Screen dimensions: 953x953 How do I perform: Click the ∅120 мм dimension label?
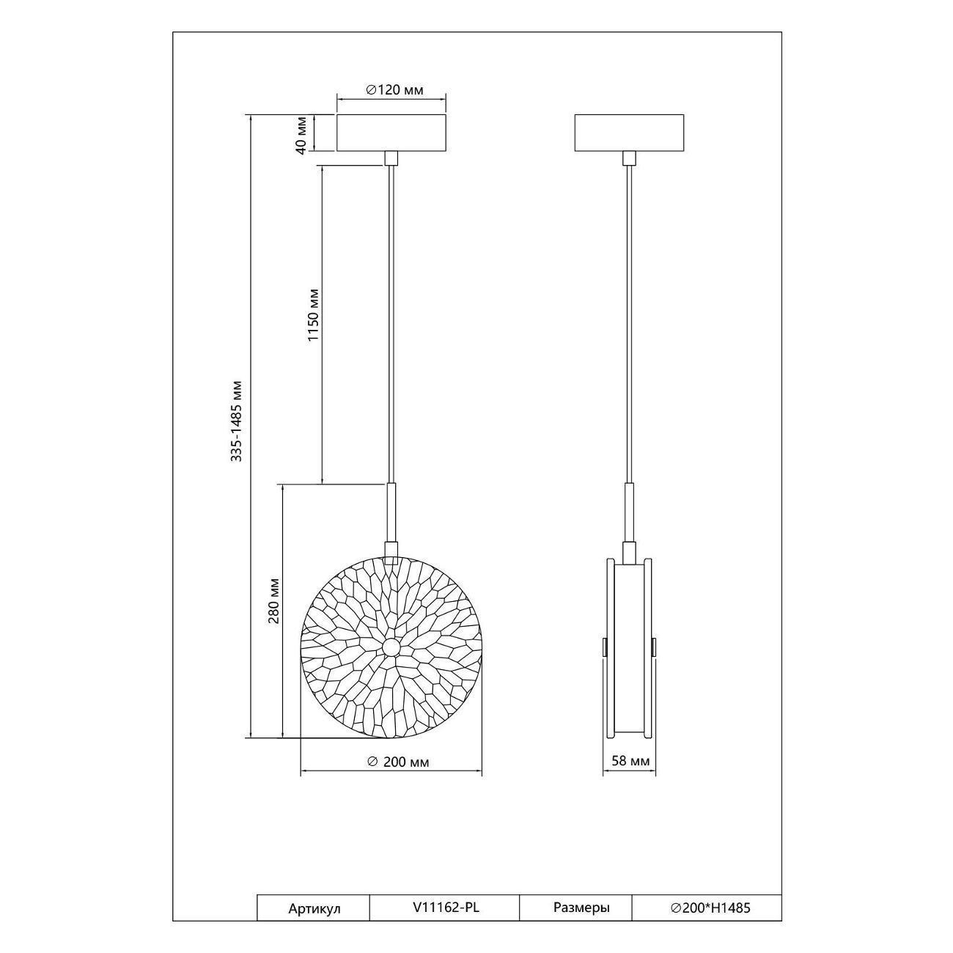[394, 89]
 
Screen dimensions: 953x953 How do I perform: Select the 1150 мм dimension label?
[314, 314]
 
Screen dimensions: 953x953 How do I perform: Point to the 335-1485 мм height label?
[237, 421]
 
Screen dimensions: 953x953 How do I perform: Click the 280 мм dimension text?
[274, 600]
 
